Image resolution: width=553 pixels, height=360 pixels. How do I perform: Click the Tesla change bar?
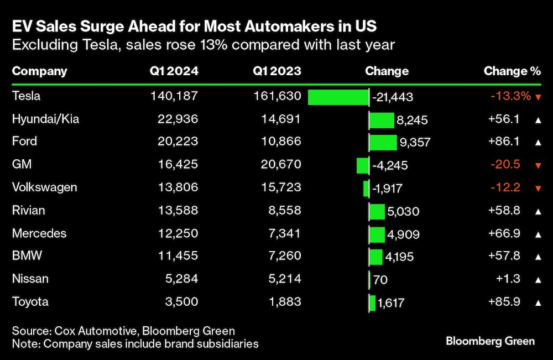pos(338,97)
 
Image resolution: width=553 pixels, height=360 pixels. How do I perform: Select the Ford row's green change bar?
pos(383,142)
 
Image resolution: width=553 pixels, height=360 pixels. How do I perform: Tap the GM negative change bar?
pos(363,165)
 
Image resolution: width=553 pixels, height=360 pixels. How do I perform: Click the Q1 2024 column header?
pos(174,71)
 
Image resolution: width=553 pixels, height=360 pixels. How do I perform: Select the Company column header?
pos(39,71)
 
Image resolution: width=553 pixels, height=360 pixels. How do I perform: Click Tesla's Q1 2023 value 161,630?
pos(276,96)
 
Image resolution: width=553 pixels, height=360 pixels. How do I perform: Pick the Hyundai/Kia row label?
pos(45,119)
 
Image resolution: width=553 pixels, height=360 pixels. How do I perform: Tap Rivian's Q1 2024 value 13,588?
pos(174,210)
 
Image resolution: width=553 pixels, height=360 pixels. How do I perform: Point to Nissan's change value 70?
pos(380,280)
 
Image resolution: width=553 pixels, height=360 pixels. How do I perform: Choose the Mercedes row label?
pos(39,233)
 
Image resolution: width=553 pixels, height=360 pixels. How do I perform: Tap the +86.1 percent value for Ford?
pos(504,142)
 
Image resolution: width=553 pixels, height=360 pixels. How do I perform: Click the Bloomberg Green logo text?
pos(490,341)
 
